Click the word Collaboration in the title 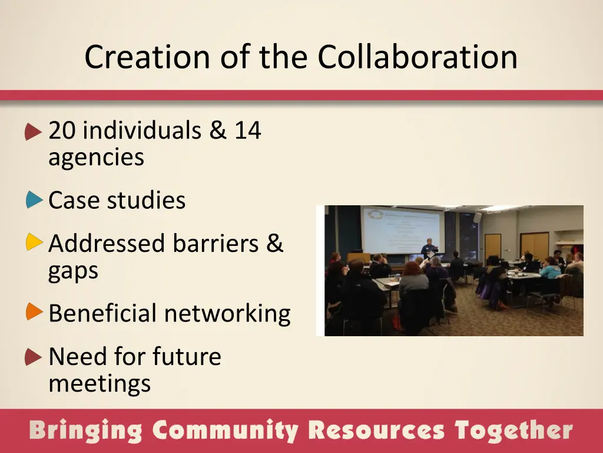click(x=418, y=57)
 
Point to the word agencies click(x=96, y=158)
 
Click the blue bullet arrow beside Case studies click(x=34, y=200)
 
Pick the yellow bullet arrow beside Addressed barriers click(x=34, y=242)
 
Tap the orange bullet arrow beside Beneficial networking click(x=34, y=312)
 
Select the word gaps click(x=73, y=271)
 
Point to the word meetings click(x=100, y=384)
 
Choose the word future click(x=187, y=356)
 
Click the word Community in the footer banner click(x=225, y=431)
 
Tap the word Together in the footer click(x=513, y=431)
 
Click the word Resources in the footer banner click(x=376, y=431)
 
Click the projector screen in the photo click(x=401, y=229)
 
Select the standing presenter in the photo click(x=428, y=250)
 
